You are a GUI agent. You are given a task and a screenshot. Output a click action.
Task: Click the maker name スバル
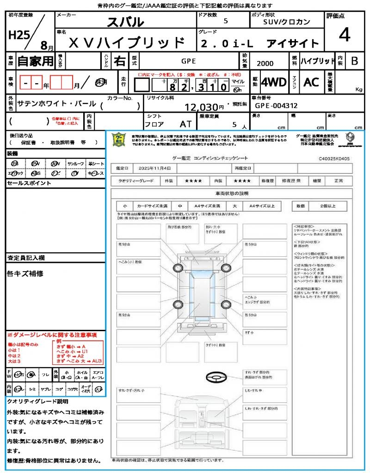coord(125,22)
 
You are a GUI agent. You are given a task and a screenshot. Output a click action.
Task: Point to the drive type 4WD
coord(273,82)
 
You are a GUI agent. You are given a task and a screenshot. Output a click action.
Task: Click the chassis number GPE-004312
coord(276,106)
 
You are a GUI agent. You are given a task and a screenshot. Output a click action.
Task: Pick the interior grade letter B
coord(354,61)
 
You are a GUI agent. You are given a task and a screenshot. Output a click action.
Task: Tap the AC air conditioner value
coord(311,82)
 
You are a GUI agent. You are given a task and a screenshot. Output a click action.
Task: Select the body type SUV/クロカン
coord(287,22)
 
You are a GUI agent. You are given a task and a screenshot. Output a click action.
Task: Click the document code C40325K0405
coord(334,158)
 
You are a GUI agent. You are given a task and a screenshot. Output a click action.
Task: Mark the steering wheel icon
coord(215,377)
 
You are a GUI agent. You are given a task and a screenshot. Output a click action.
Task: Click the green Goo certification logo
coord(119,139)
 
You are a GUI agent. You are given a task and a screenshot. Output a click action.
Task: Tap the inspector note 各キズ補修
coord(25,273)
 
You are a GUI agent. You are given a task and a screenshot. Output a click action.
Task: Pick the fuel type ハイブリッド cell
coord(318,61)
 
